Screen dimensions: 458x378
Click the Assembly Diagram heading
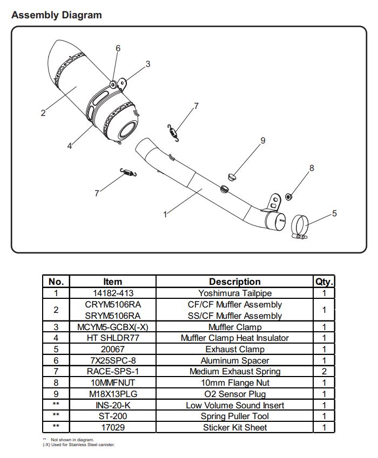point(56,15)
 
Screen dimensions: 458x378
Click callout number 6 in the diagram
point(118,48)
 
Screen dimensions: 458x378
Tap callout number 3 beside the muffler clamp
point(147,64)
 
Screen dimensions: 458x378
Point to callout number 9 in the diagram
point(263,140)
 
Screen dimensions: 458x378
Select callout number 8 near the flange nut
point(312,168)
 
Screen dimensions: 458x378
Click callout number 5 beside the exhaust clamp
point(334,213)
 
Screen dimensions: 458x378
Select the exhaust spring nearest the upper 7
point(172,131)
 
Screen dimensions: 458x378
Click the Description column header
point(234,282)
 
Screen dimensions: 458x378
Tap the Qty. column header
point(324,282)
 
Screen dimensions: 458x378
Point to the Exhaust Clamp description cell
point(234,350)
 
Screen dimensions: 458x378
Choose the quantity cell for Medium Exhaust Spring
point(324,372)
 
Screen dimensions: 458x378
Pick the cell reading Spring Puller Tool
point(234,416)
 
